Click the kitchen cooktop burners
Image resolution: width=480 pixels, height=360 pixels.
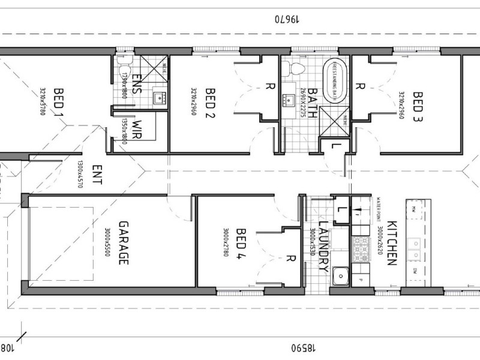pos(361,245)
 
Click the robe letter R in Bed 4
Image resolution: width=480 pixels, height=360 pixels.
pos(290,259)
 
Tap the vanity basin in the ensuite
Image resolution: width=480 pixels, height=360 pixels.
pos(159,97)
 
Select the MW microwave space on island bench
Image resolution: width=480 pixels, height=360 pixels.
pos(415,209)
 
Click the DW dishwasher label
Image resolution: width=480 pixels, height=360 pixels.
pos(415,272)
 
